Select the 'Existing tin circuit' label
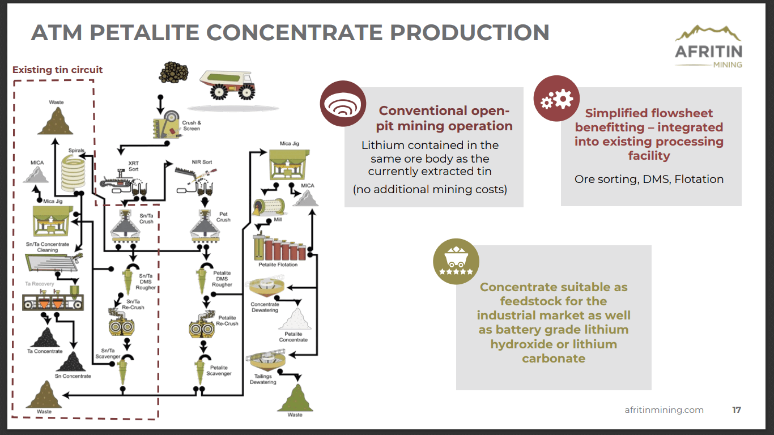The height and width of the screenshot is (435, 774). click(58, 70)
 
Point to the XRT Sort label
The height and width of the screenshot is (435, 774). click(133, 166)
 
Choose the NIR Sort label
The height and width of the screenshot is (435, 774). click(202, 162)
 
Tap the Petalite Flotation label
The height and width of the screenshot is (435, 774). click(278, 265)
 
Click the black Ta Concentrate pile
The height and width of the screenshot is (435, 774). click(45, 338)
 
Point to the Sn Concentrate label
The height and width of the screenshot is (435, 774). click(73, 376)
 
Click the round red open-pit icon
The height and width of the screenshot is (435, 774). click(343, 103)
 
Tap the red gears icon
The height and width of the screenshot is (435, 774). click(556, 99)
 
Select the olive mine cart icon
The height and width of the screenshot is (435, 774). click(456, 261)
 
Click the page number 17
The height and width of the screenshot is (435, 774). click(736, 410)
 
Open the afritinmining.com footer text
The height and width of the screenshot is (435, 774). click(664, 410)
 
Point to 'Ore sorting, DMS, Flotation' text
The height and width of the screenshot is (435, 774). click(649, 179)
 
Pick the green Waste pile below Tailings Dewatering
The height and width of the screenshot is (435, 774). click(295, 398)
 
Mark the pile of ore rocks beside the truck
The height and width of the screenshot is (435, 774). click(173, 72)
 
